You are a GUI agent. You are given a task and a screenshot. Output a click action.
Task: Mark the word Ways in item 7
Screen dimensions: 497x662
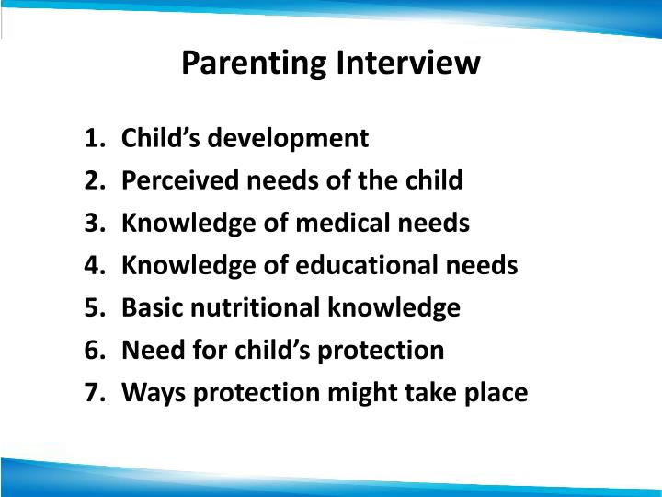(x=151, y=393)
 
